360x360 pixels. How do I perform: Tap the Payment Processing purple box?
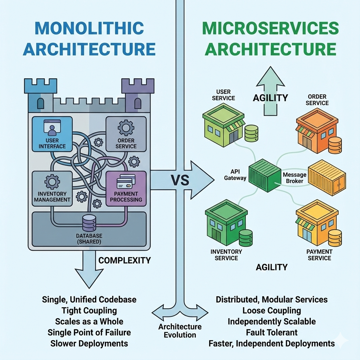coord(126,188)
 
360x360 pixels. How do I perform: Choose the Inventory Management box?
coord(52,188)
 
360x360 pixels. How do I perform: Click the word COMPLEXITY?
coord(124,261)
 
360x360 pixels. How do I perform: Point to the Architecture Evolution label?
coord(180,330)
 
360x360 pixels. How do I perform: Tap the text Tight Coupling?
coord(89,310)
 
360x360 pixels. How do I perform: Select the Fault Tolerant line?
coord(271,332)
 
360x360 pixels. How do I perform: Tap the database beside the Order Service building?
coord(334,145)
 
